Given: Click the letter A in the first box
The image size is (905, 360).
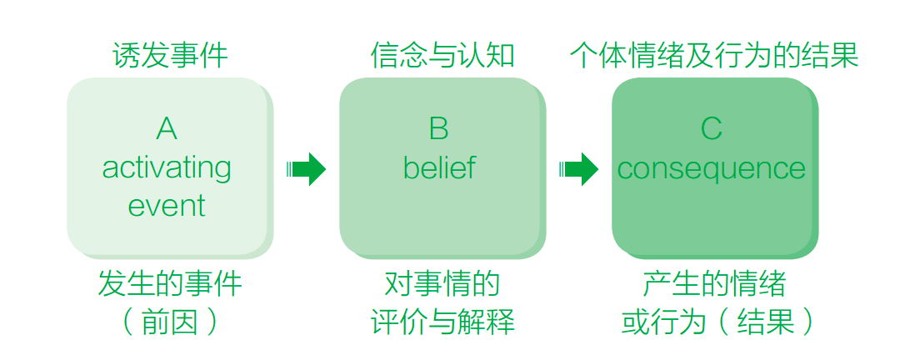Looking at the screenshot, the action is pos(166,129).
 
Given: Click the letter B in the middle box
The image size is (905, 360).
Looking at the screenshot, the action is pos(438,129).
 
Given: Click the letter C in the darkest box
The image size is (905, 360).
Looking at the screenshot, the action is pos(711,129).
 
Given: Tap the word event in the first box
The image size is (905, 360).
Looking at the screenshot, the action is pos(166,206).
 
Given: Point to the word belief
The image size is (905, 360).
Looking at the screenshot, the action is pos(439,167).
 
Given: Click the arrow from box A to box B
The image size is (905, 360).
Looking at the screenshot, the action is pos(306,169).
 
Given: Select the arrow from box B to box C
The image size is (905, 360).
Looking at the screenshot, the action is pos(578,169).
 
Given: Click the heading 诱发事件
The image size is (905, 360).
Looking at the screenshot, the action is pos(170,56).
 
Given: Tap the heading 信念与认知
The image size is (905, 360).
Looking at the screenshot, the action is pos(442,56).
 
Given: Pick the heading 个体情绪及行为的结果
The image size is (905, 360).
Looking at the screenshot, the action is pos(714,56).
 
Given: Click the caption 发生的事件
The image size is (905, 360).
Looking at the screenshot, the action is pos(170,284).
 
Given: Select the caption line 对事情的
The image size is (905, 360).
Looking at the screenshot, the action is pos(442,284).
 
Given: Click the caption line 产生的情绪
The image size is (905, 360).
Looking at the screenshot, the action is pos(714,284).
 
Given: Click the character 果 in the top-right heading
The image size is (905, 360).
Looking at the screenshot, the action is pos(845,56).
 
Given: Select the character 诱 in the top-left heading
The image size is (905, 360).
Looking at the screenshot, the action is pos(126,56).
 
